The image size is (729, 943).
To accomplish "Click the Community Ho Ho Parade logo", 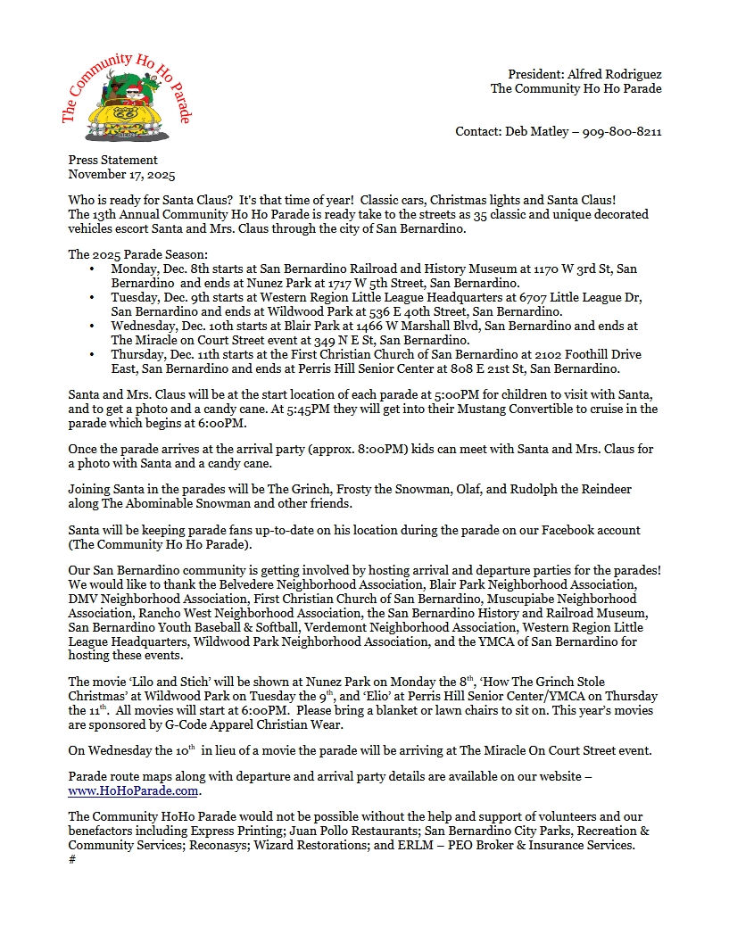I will click(126, 99).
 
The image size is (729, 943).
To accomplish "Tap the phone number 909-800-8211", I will click(622, 131).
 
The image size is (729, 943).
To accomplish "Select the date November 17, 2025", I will click(121, 175).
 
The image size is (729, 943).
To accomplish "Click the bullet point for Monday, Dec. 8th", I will click(92, 269).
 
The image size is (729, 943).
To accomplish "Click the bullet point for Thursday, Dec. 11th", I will click(92, 354).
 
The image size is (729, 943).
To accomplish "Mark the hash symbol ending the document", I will click(71, 859).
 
